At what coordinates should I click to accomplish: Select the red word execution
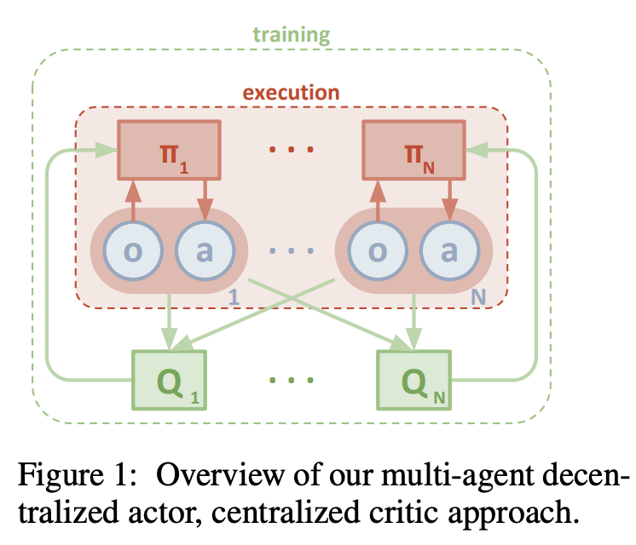(291, 92)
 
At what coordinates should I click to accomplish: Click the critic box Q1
(169, 381)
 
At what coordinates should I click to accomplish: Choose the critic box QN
(414, 381)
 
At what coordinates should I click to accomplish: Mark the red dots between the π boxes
(291, 152)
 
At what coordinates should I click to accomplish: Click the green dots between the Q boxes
(291, 381)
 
